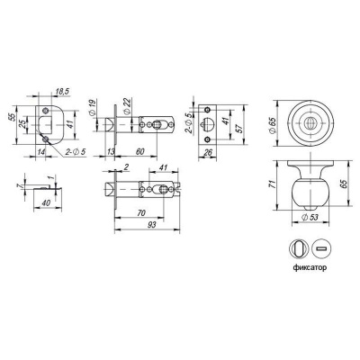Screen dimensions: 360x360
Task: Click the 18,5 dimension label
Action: [63, 92]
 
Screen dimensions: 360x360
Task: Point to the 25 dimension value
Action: [22, 124]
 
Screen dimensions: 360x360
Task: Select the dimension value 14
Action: [41, 152]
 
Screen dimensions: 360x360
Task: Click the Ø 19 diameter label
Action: [93, 107]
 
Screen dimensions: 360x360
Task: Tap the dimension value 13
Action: [111, 152]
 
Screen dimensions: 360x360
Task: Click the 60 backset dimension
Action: [139, 151]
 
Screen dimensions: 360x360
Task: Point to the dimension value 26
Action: [208, 152]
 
